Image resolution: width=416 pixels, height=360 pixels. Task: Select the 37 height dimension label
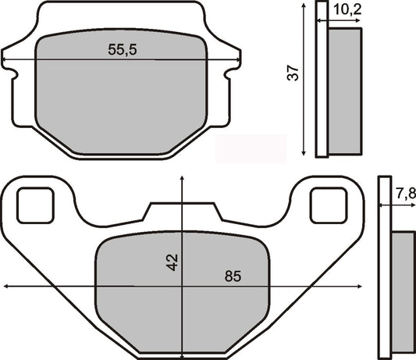coord(293,74)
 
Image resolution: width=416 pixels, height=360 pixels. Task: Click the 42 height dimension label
coord(173,262)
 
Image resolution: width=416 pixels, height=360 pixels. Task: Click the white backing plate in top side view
coord(322,78)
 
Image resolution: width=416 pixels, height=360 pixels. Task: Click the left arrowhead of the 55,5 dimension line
coord(6,60)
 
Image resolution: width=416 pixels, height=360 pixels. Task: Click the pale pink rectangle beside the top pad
coord(250,146)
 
